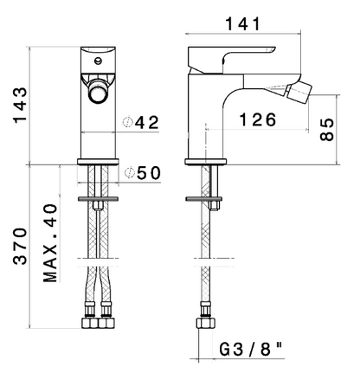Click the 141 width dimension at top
[242, 23]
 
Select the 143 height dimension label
[21, 105]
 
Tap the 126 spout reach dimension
[258, 119]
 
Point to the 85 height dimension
[327, 129]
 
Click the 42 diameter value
[147, 123]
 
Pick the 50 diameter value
[149, 173]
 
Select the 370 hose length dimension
[21, 246]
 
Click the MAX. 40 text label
[50, 243]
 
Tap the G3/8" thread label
[251, 350]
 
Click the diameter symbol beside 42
[127, 122]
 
